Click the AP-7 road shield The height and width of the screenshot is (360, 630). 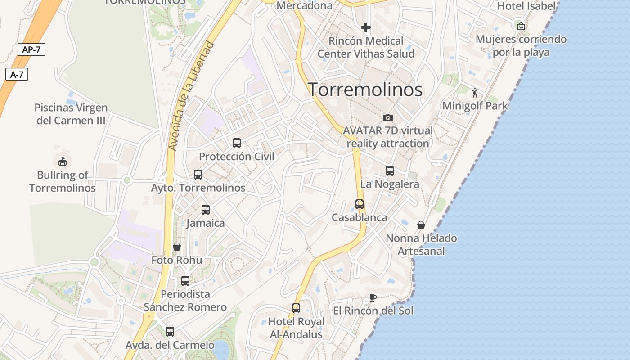click(x=31, y=49)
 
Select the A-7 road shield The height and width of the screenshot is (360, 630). click(x=17, y=75)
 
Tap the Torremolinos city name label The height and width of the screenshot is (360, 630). click(x=365, y=90)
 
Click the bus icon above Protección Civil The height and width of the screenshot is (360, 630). click(x=237, y=143)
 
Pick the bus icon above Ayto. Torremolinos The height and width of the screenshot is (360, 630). click(x=198, y=175)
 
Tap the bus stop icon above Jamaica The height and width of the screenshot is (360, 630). click(x=206, y=210)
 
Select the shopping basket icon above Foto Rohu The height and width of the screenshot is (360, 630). click(x=177, y=247)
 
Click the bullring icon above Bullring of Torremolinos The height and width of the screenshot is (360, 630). click(x=63, y=161)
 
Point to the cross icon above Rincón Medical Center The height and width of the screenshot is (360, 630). click(x=366, y=27)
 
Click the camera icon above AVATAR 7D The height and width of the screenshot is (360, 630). click(x=388, y=118)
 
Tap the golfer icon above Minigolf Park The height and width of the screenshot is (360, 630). click(x=475, y=93)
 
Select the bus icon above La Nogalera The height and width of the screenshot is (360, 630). click(x=390, y=171)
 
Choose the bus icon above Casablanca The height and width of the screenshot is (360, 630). click(x=360, y=204)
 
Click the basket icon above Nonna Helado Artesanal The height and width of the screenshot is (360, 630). click(x=421, y=225)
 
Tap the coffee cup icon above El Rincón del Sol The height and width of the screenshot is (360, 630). click(x=373, y=297)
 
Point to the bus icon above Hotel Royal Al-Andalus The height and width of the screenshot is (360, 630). click(x=296, y=308)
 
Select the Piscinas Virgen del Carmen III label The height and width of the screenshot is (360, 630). click(x=71, y=114)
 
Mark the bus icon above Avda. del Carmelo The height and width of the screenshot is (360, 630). click(x=170, y=332)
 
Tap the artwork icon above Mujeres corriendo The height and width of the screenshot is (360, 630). click(x=521, y=26)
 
